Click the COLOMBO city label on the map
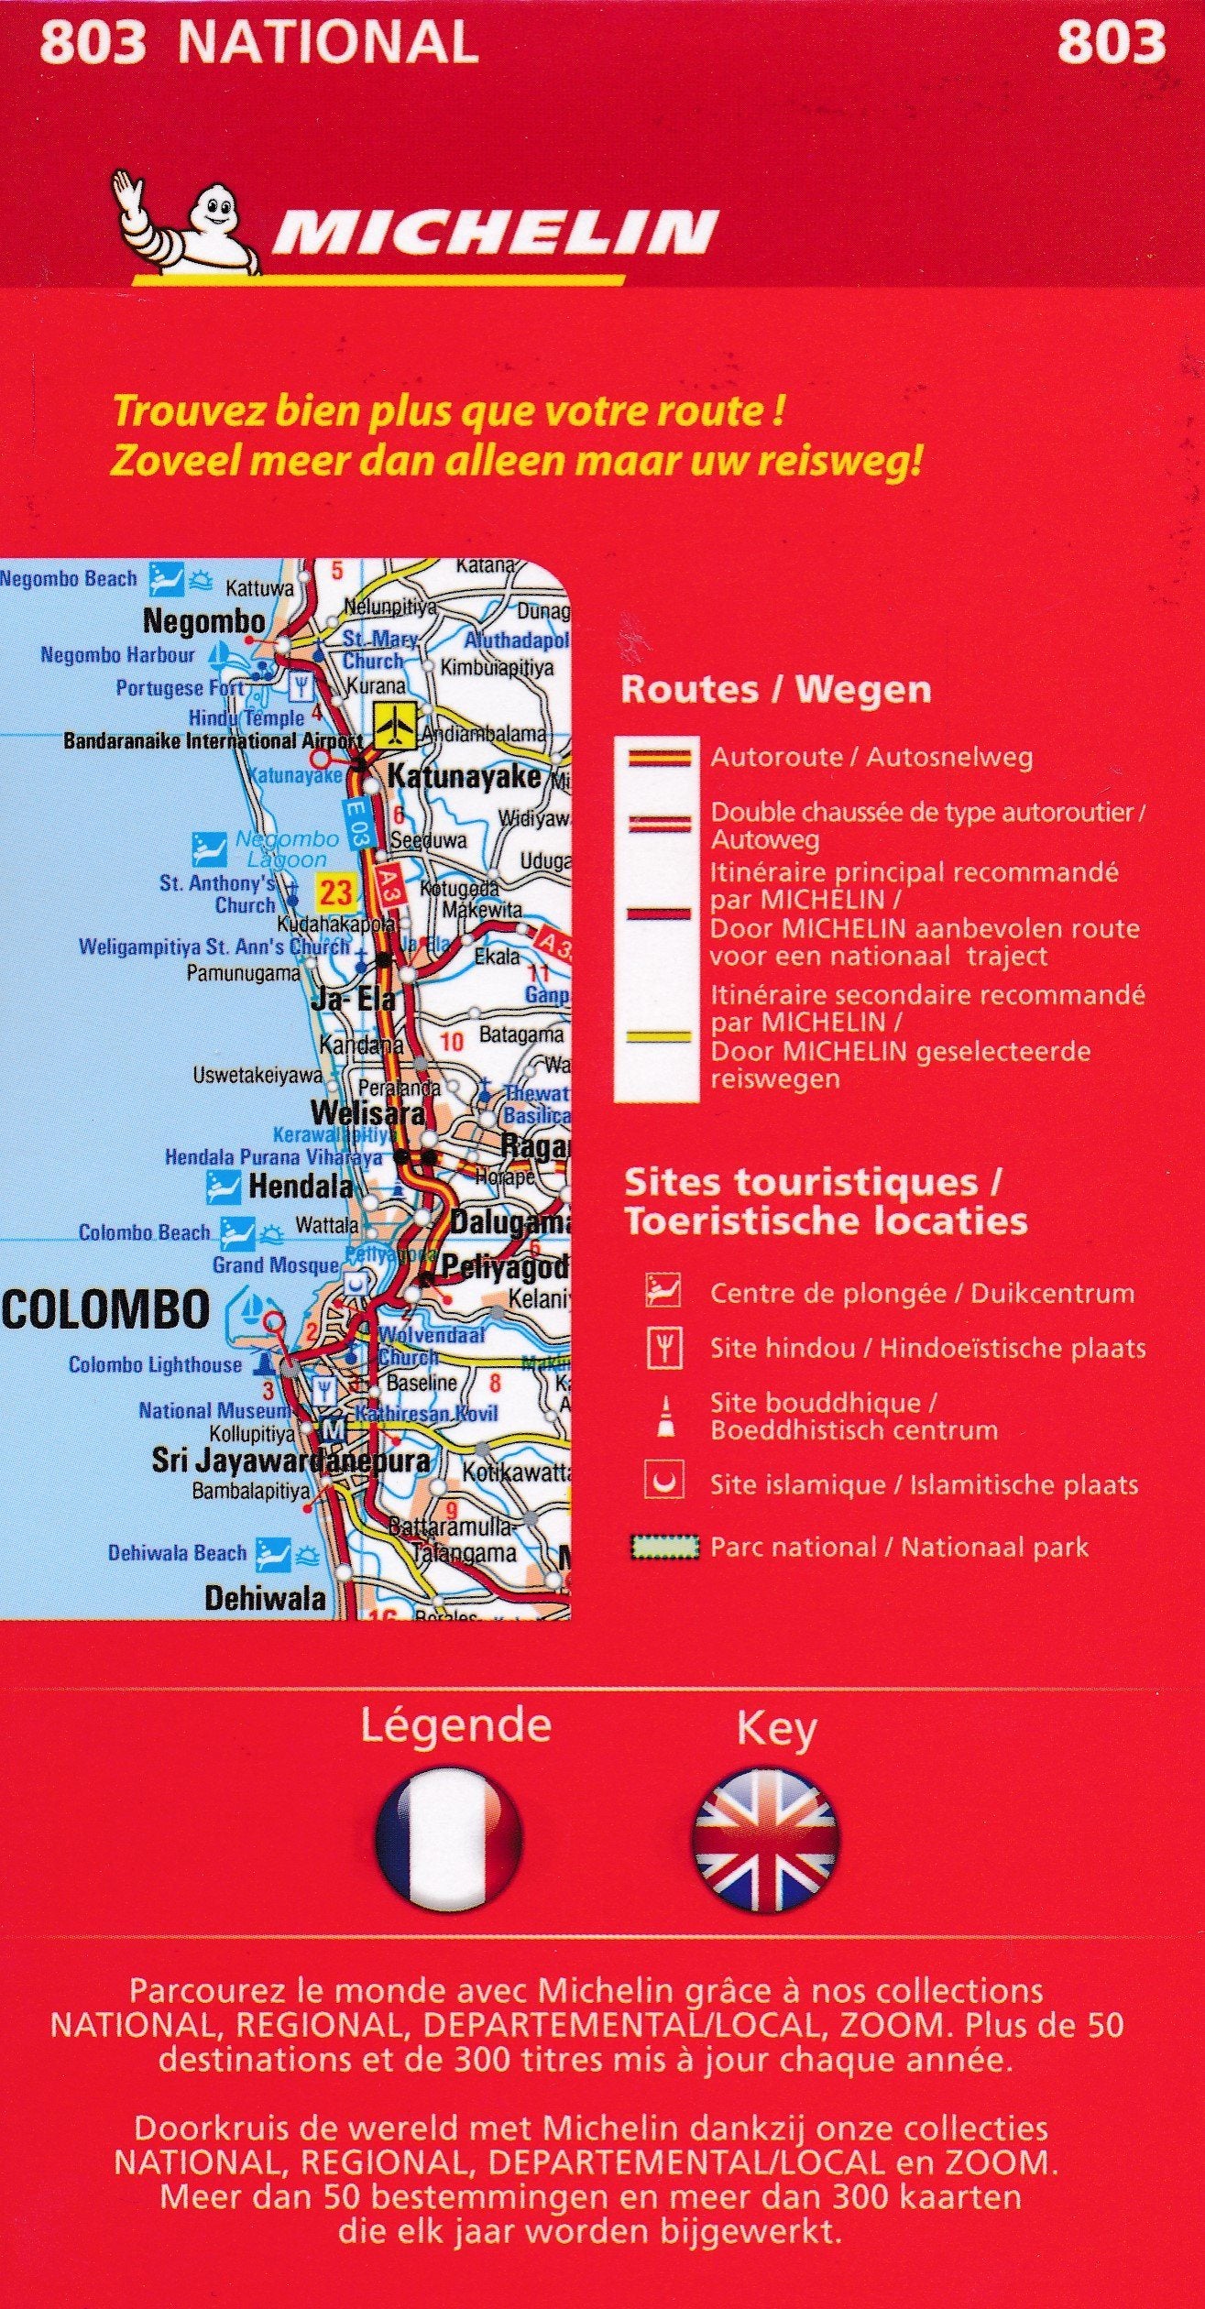coord(104,1310)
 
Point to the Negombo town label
coord(204,622)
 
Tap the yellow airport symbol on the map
coord(396,725)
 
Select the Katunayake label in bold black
coord(465,777)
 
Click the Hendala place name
coord(301,1187)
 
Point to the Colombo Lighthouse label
coord(155,1365)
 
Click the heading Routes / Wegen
coord(775,690)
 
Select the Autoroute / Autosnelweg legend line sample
coord(659,757)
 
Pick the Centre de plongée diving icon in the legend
coord(663,1293)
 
